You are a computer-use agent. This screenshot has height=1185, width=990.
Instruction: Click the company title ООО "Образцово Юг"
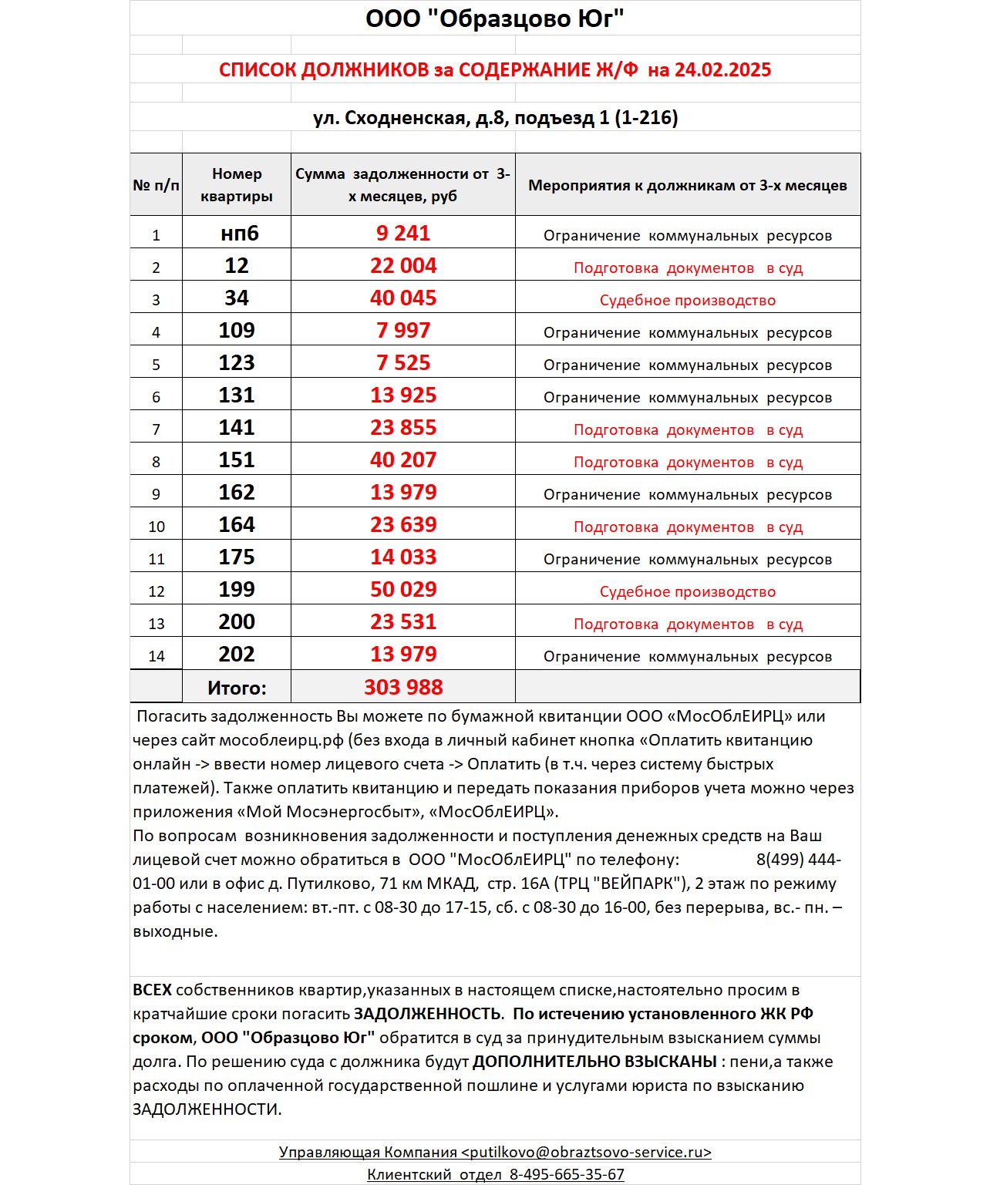click(x=494, y=19)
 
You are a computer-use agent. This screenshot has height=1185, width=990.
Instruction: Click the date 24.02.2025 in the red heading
click(x=722, y=70)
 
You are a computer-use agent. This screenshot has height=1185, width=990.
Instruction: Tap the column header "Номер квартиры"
click(x=237, y=185)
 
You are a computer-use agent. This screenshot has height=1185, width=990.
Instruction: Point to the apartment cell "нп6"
click(x=239, y=234)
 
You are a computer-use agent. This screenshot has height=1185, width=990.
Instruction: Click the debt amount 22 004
click(x=403, y=266)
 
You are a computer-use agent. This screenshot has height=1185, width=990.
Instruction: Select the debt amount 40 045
click(x=403, y=298)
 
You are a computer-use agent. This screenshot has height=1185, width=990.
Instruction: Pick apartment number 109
click(x=237, y=331)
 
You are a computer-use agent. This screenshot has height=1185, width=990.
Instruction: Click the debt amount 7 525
click(x=403, y=363)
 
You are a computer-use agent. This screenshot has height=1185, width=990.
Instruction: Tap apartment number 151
click(x=237, y=460)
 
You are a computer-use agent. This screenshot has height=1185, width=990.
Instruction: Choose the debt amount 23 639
click(x=403, y=525)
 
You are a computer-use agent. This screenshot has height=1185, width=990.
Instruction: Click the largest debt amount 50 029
click(x=403, y=590)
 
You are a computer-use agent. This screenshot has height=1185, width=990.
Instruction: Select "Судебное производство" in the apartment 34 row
click(x=688, y=301)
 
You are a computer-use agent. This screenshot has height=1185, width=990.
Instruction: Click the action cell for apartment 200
click(x=688, y=624)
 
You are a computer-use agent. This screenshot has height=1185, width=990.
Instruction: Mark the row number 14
click(x=157, y=656)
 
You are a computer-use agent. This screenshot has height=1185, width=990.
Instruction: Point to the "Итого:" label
click(x=237, y=688)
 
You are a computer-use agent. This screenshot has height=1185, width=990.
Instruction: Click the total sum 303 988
click(x=403, y=687)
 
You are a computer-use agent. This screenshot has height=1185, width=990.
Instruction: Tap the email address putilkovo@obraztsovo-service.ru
click(x=586, y=1153)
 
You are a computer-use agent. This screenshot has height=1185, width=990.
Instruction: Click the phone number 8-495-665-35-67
click(x=567, y=1175)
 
